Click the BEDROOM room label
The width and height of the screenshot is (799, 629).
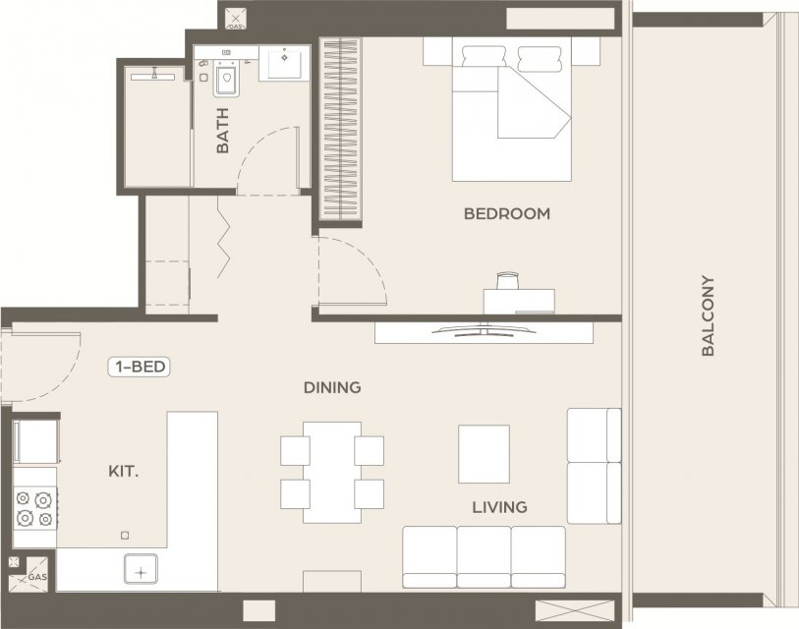click(x=507, y=213)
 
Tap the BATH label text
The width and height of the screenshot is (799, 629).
click(x=223, y=131)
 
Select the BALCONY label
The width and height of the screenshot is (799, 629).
click(x=708, y=315)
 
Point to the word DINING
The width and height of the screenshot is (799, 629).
click(x=332, y=388)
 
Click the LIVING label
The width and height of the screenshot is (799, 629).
click(x=499, y=507)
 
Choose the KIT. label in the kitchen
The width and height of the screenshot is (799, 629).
click(x=123, y=472)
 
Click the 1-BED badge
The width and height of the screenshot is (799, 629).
click(x=140, y=367)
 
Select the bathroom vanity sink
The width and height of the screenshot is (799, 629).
click(x=284, y=63)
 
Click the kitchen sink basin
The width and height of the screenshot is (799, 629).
click(x=142, y=572)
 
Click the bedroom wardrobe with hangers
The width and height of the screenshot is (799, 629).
click(x=340, y=130)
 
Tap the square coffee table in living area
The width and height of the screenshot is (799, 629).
click(x=484, y=454)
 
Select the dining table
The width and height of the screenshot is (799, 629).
click(x=332, y=473)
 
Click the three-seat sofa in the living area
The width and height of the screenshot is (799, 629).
click(x=485, y=557)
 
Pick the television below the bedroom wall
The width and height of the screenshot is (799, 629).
click(x=485, y=330)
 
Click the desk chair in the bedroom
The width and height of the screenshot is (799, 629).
click(x=507, y=281)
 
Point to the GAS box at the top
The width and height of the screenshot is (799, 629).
click(x=235, y=18)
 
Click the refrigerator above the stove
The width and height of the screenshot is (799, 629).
click(x=35, y=442)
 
